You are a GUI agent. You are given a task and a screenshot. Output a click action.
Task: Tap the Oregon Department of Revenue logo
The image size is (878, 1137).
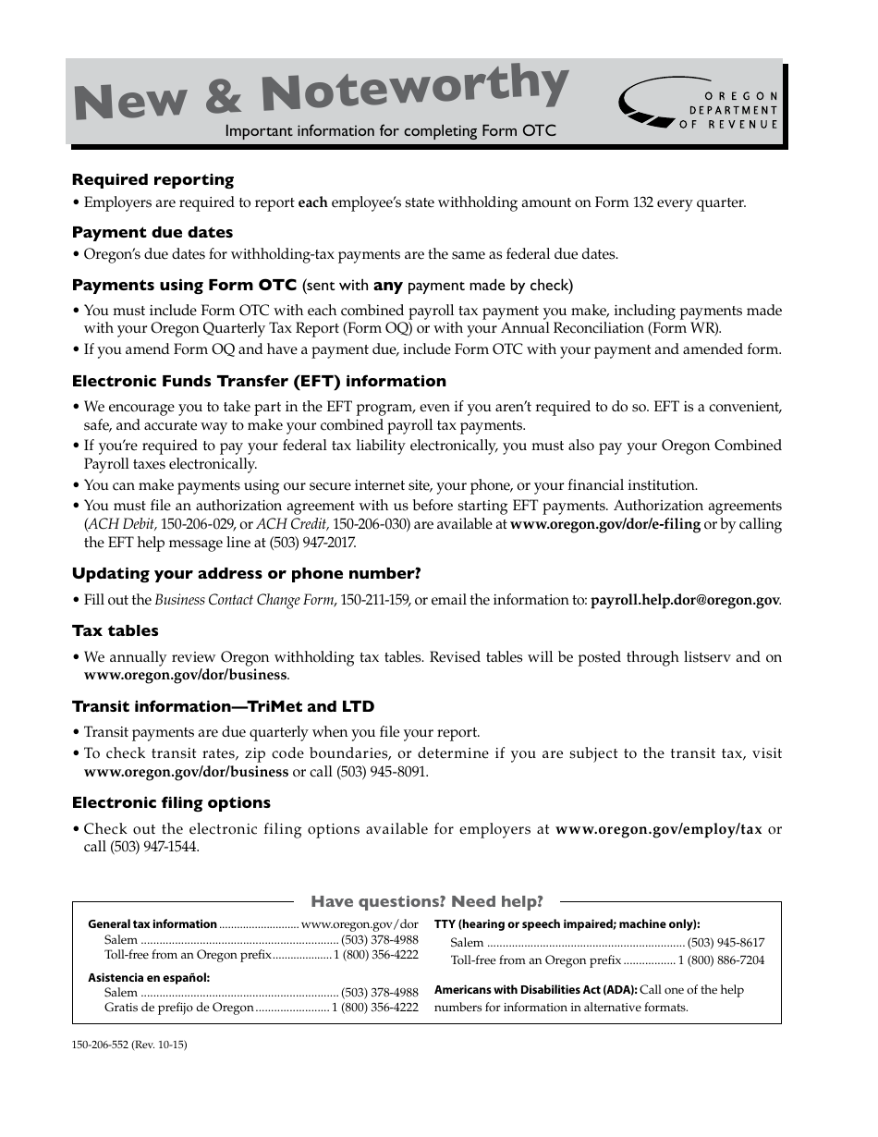700,109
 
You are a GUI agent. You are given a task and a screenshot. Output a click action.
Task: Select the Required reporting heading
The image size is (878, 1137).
152,180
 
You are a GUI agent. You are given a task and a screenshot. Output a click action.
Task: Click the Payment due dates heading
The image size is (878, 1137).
152,233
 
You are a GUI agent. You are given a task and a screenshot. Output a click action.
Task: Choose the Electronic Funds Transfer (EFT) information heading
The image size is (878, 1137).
259,382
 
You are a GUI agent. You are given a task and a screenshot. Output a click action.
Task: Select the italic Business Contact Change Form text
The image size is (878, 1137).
244,600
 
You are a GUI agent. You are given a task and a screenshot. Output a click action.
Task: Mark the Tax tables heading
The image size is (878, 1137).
116,631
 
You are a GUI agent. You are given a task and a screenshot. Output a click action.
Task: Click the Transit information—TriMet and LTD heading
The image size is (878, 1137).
223,707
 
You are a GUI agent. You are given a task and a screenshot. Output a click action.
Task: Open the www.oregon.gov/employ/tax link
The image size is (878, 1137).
658,829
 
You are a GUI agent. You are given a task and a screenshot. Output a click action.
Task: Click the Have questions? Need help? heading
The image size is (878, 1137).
426,901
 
